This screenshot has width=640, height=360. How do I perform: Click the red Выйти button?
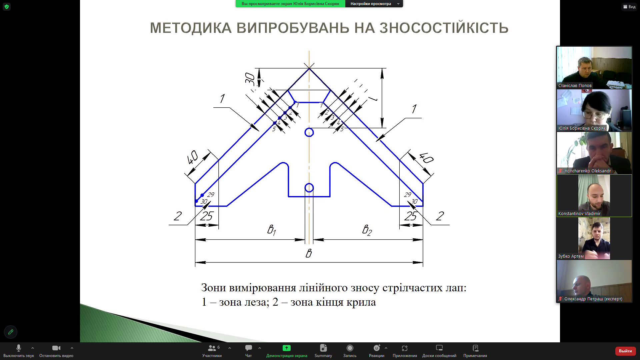click(x=625, y=351)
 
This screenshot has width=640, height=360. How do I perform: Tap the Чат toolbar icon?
click(x=249, y=348)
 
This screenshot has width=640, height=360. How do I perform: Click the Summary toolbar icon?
click(x=323, y=348)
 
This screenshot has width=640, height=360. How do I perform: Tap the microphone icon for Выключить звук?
click(x=19, y=348)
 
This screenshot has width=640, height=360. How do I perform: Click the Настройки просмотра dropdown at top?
click(x=374, y=4)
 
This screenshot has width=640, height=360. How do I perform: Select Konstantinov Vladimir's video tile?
click(x=594, y=196)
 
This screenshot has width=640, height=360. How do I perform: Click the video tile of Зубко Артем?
click(x=594, y=238)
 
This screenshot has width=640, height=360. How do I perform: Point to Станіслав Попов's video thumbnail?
click(x=594, y=68)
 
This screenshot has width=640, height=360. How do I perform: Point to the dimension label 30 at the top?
click(x=250, y=78)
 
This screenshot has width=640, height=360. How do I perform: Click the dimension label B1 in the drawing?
click(x=272, y=230)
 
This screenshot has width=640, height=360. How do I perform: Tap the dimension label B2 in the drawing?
click(x=367, y=230)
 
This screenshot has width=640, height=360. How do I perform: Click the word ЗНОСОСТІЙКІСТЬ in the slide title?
click(x=444, y=28)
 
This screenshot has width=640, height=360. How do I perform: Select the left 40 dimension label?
click(x=192, y=157)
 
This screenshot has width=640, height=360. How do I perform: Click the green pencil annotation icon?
click(x=11, y=332)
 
